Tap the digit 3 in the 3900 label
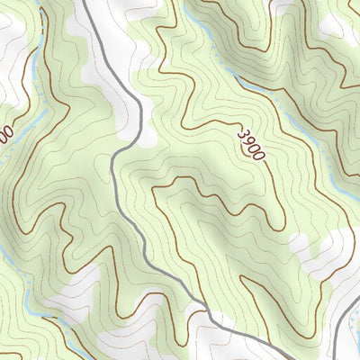(x=244, y=133)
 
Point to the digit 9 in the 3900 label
(x=249, y=140)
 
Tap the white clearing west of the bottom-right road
(x=306, y=247)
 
